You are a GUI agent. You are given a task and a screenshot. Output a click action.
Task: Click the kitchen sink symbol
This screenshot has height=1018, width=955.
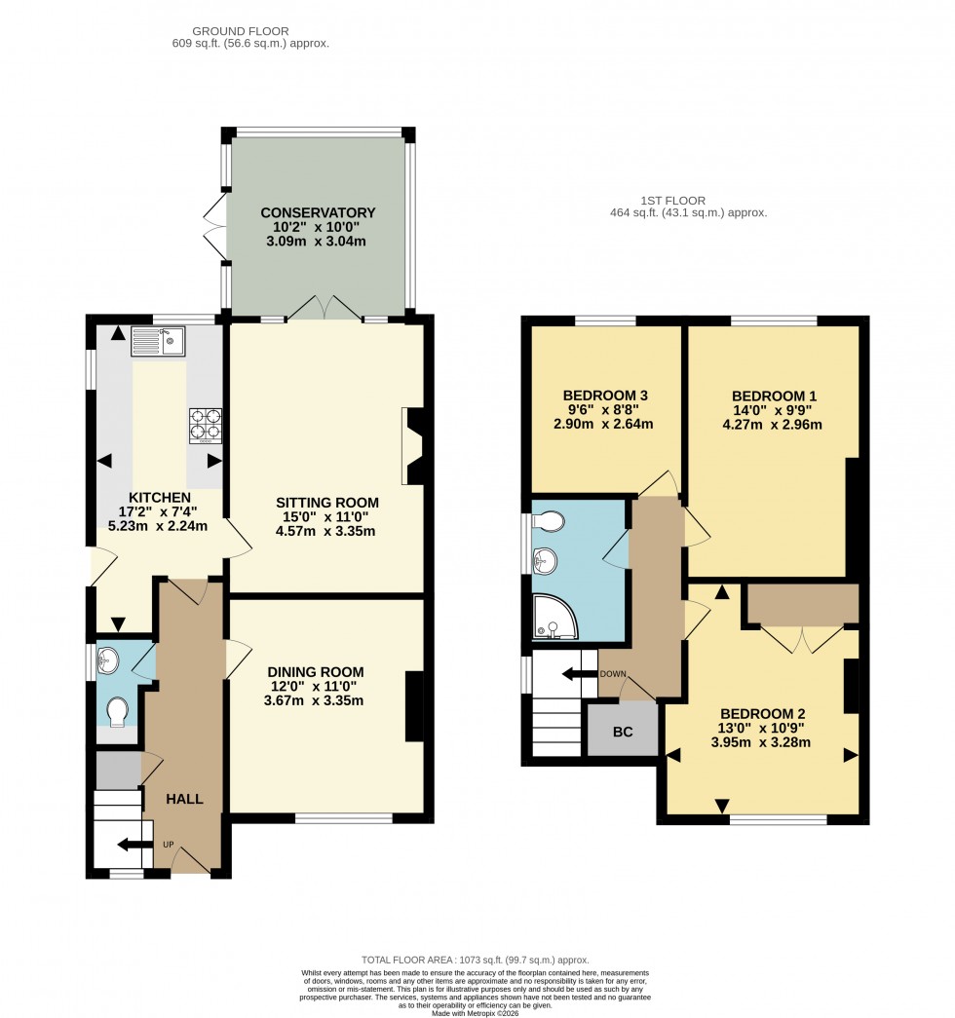[157, 341]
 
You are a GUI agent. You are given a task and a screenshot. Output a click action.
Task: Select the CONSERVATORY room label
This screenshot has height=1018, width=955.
[318, 213]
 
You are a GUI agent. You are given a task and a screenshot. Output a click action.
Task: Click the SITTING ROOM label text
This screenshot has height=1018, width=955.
[326, 503]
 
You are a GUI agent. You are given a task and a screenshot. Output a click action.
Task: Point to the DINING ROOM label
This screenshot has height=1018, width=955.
[315, 671]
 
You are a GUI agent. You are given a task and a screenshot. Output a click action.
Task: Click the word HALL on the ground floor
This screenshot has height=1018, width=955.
[184, 799]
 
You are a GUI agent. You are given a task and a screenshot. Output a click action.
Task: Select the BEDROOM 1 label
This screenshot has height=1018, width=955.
[775, 396]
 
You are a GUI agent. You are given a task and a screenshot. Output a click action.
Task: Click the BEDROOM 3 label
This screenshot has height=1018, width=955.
[605, 395]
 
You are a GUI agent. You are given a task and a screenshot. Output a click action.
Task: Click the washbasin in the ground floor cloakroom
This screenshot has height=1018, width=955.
[109, 660]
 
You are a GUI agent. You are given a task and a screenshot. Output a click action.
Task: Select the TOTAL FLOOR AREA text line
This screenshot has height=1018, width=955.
[476, 961]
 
